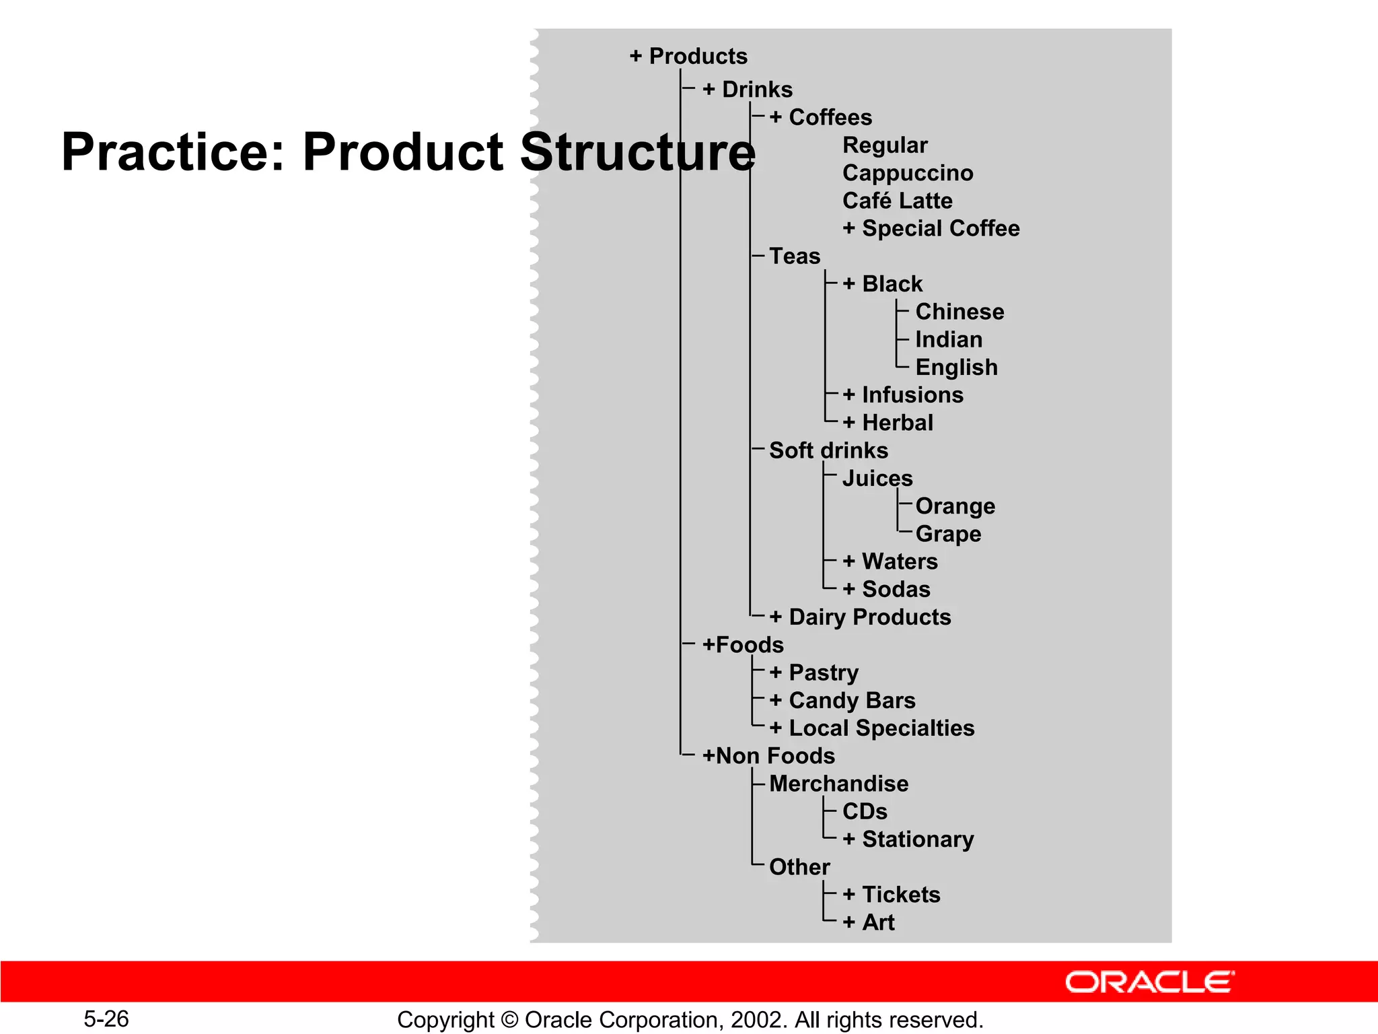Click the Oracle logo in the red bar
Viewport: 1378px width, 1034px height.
[1149, 982]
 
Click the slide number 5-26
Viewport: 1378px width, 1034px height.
[106, 1019]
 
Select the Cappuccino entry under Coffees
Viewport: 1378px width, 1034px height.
[908, 173]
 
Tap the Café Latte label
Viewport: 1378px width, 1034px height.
[897, 201]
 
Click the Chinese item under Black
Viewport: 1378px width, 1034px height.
[959, 312]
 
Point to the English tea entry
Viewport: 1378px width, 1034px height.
[956, 367]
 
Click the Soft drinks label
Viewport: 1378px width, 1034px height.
[828, 450]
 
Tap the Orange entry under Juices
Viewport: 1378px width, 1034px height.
[955, 506]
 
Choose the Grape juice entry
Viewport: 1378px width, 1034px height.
[948, 534]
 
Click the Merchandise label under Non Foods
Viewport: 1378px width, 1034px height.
[838, 784]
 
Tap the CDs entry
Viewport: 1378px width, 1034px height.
[865, 811]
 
